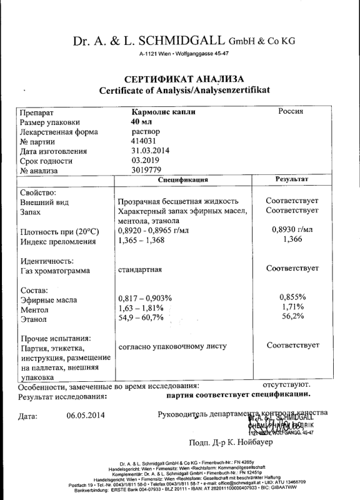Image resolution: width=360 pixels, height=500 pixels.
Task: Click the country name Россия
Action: click(291, 111)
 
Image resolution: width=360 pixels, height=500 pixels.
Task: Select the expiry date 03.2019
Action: click(145, 161)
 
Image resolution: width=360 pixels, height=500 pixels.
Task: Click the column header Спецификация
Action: click(183, 180)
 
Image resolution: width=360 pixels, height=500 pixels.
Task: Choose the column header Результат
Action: click(292, 180)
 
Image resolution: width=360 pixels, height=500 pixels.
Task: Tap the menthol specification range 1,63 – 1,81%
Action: click(140, 308)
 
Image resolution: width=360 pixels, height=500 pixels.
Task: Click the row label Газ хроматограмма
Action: click(55, 271)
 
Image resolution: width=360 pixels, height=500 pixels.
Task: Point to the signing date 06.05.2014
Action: click(86, 415)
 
